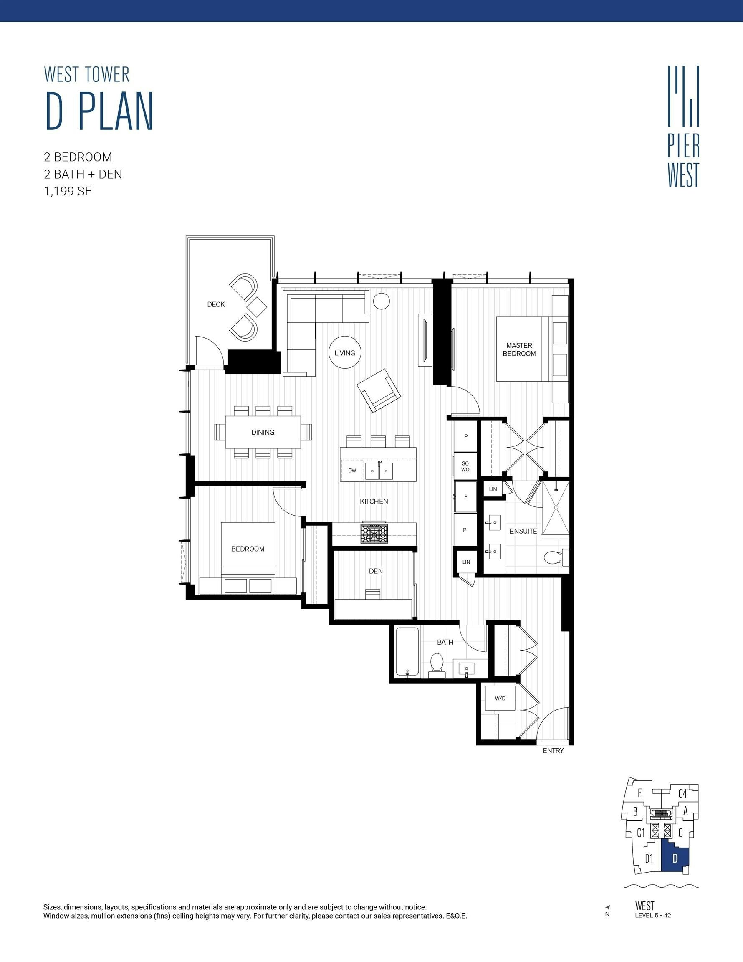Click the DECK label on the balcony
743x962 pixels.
(x=216, y=304)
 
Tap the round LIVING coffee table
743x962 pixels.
(x=345, y=352)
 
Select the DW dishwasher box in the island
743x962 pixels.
(x=352, y=471)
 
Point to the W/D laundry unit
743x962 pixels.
(x=500, y=698)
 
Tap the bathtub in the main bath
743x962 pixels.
(x=407, y=651)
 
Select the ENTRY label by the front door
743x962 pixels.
(x=553, y=751)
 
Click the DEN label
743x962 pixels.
(x=376, y=571)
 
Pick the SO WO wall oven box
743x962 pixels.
(x=465, y=466)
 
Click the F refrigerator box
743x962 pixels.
(x=465, y=497)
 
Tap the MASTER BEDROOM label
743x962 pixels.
(x=519, y=349)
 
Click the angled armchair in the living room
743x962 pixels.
(x=379, y=390)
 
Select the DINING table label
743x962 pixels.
(x=263, y=432)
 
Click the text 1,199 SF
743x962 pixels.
(x=68, y=192)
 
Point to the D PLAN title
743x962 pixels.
(x=99, y=111)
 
